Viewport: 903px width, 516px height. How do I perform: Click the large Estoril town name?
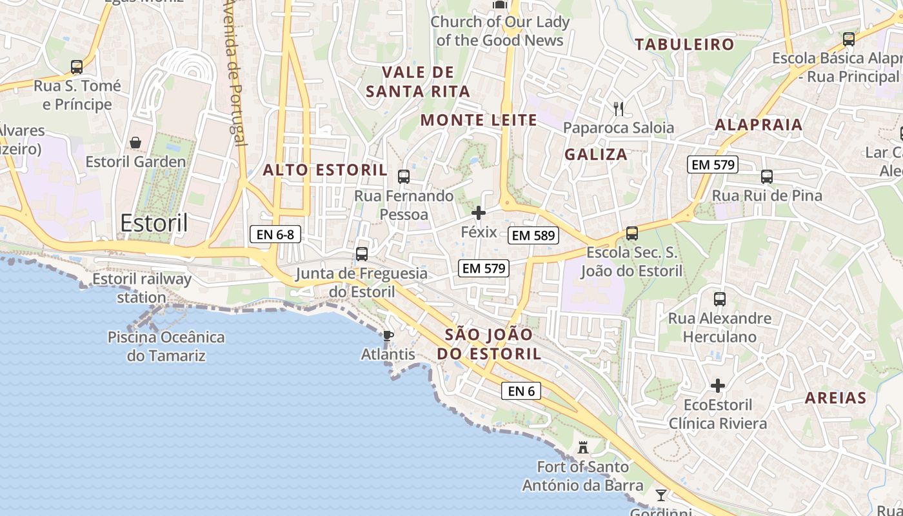tap(154, 223)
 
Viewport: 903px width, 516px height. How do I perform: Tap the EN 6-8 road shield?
tap(275, 235)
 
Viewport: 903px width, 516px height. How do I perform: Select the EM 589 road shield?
tap(533, 235)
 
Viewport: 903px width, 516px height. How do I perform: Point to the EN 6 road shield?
tap(521, 390)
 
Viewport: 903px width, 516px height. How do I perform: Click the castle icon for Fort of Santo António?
tap(583, 447)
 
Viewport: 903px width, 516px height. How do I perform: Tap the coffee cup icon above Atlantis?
tap(388, 335)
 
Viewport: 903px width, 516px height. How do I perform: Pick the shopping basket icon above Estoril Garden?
tap(135, 143)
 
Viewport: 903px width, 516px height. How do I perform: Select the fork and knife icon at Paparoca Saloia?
tap(619, 108)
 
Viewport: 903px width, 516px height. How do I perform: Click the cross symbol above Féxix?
tap(479, 213)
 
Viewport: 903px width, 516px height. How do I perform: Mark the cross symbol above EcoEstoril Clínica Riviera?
tap(718, 386)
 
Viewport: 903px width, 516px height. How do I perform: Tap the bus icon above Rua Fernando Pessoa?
tap(404, 176)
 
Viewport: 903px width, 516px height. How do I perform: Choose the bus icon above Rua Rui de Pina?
tap(767, 176)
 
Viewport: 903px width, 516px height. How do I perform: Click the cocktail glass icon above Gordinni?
tap(661, 495)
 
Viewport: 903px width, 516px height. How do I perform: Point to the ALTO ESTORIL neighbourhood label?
tap(325, 170)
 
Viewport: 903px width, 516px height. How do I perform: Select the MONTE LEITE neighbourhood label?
tap(479, 120)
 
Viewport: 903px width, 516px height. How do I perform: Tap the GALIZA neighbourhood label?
tap(596, 154)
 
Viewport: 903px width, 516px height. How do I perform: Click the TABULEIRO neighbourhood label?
tap(684, 45)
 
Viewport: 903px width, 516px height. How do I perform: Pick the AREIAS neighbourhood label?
tap(835, 398)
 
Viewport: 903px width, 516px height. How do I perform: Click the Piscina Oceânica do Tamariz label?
tap(166, 346)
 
